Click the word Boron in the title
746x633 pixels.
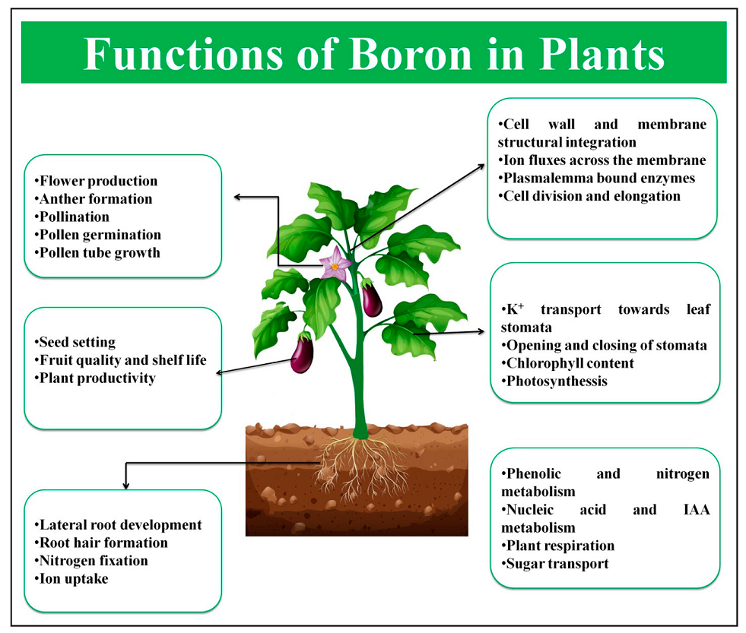click(x=411, y=55)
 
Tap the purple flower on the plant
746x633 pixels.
click(x=335, y=263)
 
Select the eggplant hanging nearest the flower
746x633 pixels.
click(x=372, y=298)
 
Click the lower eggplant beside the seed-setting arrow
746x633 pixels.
click(x=302, y=353)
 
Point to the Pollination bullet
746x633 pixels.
click(x=71, y=217)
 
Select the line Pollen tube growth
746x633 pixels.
click(x=97, y=253)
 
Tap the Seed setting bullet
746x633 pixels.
click(x=75, y=343)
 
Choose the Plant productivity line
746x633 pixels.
click(x=95, y=378)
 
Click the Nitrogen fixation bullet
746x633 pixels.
click(x=90, y=561)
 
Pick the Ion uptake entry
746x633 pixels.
click(x=71, y=579)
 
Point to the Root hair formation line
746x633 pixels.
click(x=101, y=543)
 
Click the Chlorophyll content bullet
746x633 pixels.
click(x=567, y=364)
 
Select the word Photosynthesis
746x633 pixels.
click(x=557, y=381)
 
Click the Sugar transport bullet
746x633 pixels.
click(x=554, y=564)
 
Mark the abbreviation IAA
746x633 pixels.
click(x=697, y=510)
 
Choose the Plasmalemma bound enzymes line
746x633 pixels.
click(x=597, y=179)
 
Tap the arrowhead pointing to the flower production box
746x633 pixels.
click(x=238, y=197)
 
